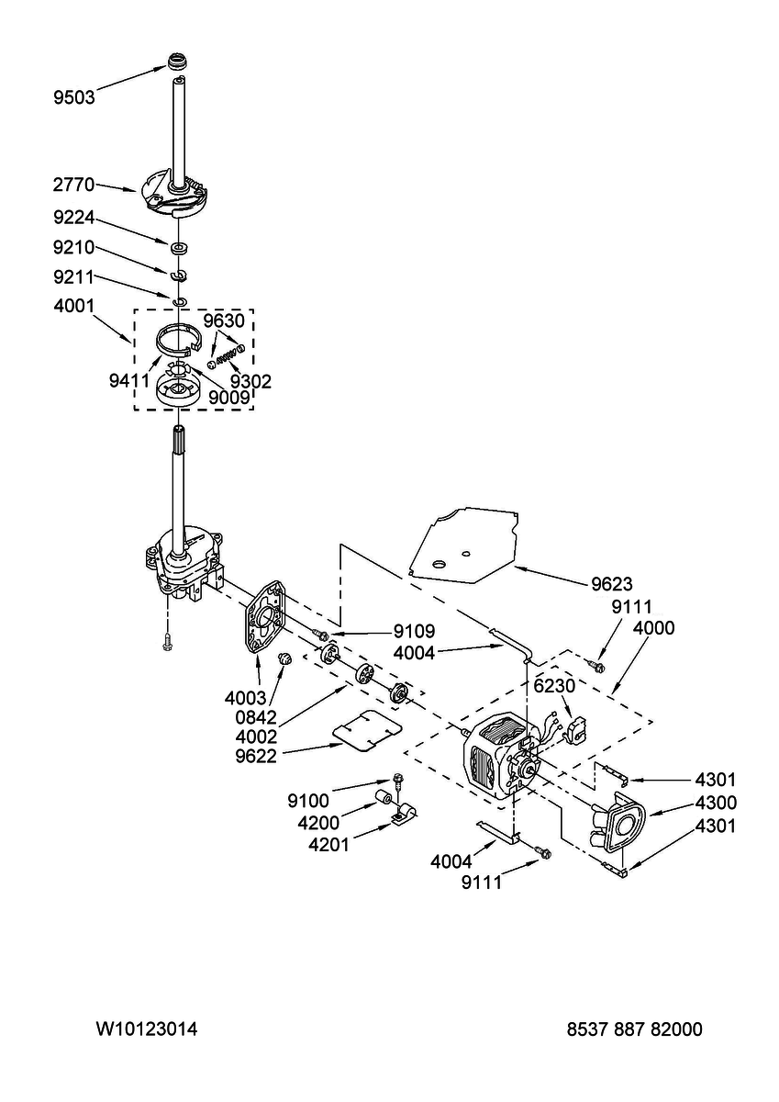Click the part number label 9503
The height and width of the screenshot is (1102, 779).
click(73, 97)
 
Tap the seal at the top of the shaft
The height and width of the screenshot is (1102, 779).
click(178, 63)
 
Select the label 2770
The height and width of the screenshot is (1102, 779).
click(73, 185)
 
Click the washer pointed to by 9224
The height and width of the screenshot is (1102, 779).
click(179, 247)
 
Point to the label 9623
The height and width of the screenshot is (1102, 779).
click(611, 584)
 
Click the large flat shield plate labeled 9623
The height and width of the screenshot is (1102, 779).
click(464, 544)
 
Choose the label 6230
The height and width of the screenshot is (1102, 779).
click(554, 686)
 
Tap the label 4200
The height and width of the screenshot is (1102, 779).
click(318, 823)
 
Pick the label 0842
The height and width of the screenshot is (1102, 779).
click(256, 718)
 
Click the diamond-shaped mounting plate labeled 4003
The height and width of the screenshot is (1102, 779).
click(265, 617)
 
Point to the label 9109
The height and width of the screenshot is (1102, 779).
click(414, 631)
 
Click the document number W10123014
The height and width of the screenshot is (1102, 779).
click(147, 1029)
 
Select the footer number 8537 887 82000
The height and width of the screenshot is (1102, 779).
click(635, 1029)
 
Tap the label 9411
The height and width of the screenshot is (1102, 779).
click(129, 380)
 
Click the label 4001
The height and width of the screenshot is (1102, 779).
click(73, 306)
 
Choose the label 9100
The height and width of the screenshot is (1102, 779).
click(308, 801)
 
